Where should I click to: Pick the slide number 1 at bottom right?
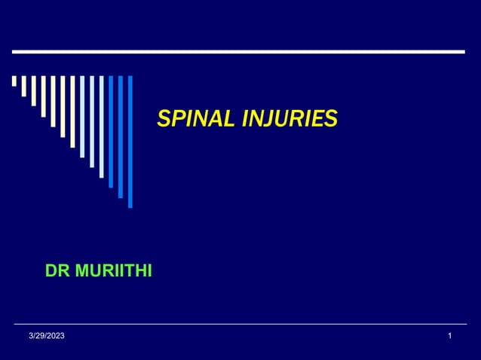pyautogui.click(x=450, y=334)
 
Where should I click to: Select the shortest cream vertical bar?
pyautogui.click(x=14, y=81)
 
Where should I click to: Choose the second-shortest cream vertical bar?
pyautogui.click(x=23, y=86)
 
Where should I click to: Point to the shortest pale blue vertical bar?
pyautogui.click(x=82, y=116)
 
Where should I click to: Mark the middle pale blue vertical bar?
pyautogui.click(x=92, y=121)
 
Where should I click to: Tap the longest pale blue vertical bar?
pyautogui.click(x=101, y=127)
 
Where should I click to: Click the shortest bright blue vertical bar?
pyautogui.click(x=111, y=131)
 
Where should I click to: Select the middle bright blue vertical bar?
pyautogui.click(x=121, y=136)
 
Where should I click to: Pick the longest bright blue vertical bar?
pyautogui.click(x=130, y=141)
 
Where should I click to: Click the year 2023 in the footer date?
pyautogui.click(x=55, y=334)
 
